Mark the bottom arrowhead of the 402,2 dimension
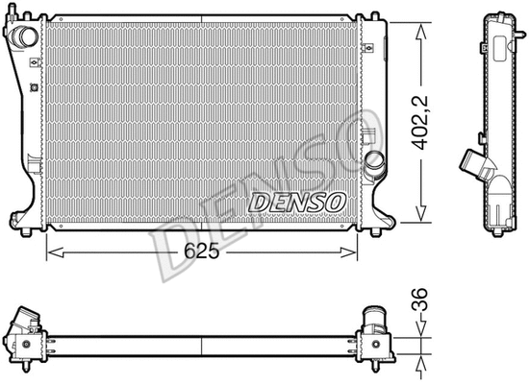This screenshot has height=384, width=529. click(x=420, y=218)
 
